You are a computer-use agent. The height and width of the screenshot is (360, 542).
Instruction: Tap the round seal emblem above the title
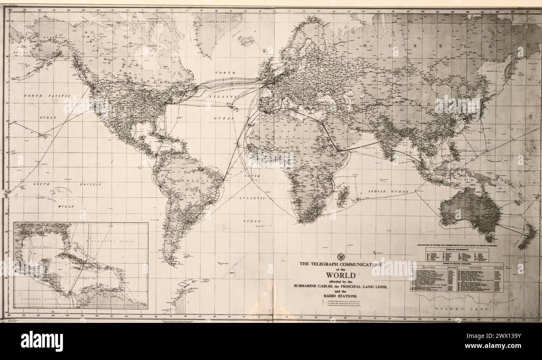point(340,257)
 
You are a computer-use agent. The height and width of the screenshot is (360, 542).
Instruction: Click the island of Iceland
point(246,40)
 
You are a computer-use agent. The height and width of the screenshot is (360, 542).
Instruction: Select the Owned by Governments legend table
point(457,254)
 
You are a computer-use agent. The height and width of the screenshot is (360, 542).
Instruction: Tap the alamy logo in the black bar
point(42,341)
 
